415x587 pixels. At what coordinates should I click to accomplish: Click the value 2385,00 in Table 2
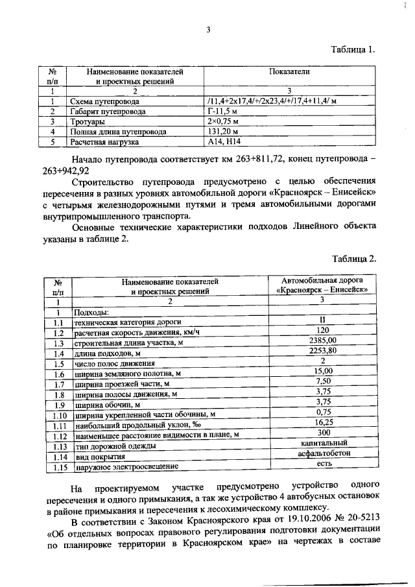click(322, 340)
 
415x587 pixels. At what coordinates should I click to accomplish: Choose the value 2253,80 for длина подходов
click(322, 351)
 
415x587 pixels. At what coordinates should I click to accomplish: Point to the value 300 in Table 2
click(322, 433)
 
